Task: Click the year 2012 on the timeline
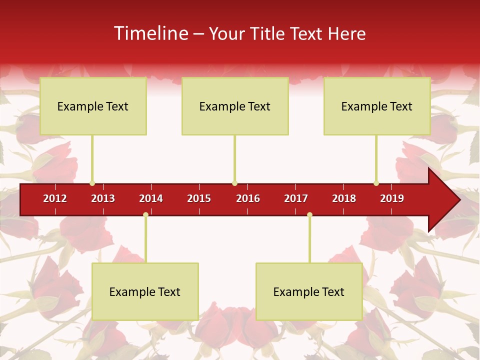[55, 198]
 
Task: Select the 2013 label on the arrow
[103, 198]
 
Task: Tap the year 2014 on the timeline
[151, 198]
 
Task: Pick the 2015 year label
[199, 198]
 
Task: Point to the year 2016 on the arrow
[248, 198]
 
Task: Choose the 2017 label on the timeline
[296, 198]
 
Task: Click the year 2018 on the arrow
[344, 198]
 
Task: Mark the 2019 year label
[392, 198]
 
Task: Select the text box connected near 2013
[93, 106]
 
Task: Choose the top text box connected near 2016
[235, 106]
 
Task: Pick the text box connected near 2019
[377, 106]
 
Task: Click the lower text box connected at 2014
[145, 291]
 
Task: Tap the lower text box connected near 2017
[309, 291]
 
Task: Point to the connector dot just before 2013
[92, 183]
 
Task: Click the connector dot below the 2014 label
[145, 214]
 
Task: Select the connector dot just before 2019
[376, 183]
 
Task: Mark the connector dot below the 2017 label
[309, 214]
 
